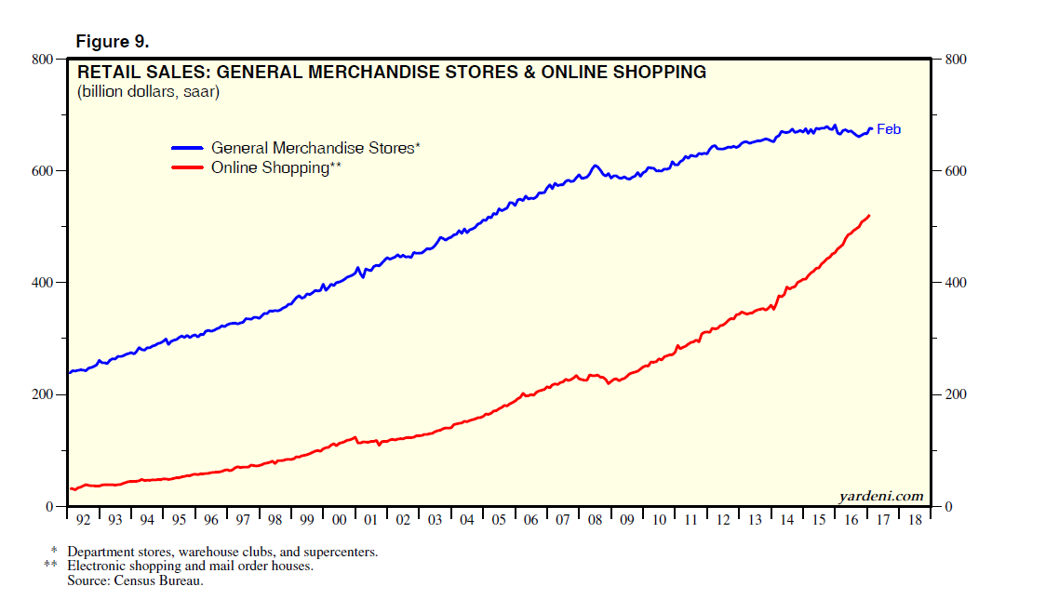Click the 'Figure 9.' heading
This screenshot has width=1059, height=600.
tap(112, 43)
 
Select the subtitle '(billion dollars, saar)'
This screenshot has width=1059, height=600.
tap(148, 92)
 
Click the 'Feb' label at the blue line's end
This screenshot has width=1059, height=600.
tap(889, 129)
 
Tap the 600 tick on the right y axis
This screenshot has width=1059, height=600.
tap(956, 171)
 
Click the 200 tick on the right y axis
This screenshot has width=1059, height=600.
tap(956, 394)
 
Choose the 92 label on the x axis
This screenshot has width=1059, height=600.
tap(83, 520)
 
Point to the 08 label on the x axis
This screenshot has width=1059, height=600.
tap(595, 520)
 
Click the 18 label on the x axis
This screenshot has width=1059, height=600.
tap(915, 520)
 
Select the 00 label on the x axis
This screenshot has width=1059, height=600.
tap(339, 520)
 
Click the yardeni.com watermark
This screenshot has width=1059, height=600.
tap(880, 496)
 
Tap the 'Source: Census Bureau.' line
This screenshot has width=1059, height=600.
tap(135, 580)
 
